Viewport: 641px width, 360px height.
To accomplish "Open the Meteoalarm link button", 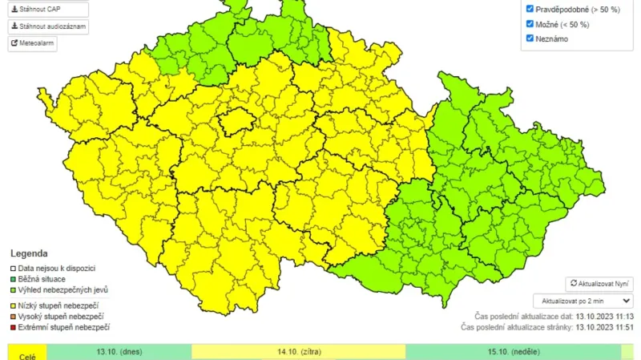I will [33, 43].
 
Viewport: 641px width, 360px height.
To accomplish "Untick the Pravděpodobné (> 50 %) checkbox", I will [530, 9].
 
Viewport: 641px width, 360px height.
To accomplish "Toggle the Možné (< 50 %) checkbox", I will [530, 24].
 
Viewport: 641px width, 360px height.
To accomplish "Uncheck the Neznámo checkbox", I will [530, 38].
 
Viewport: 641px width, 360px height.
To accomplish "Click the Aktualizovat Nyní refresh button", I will [599, 284].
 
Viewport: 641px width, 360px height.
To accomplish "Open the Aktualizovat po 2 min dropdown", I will [583, 301].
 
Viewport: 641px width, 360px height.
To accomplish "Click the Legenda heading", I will [29, 253].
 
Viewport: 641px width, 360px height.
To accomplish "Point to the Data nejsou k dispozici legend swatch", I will [13, 268].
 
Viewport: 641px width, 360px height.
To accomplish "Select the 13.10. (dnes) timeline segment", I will [119, 352].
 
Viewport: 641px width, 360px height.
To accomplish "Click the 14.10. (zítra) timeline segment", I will [298, 352].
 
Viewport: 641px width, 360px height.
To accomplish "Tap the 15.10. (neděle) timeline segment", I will [513, 352].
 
